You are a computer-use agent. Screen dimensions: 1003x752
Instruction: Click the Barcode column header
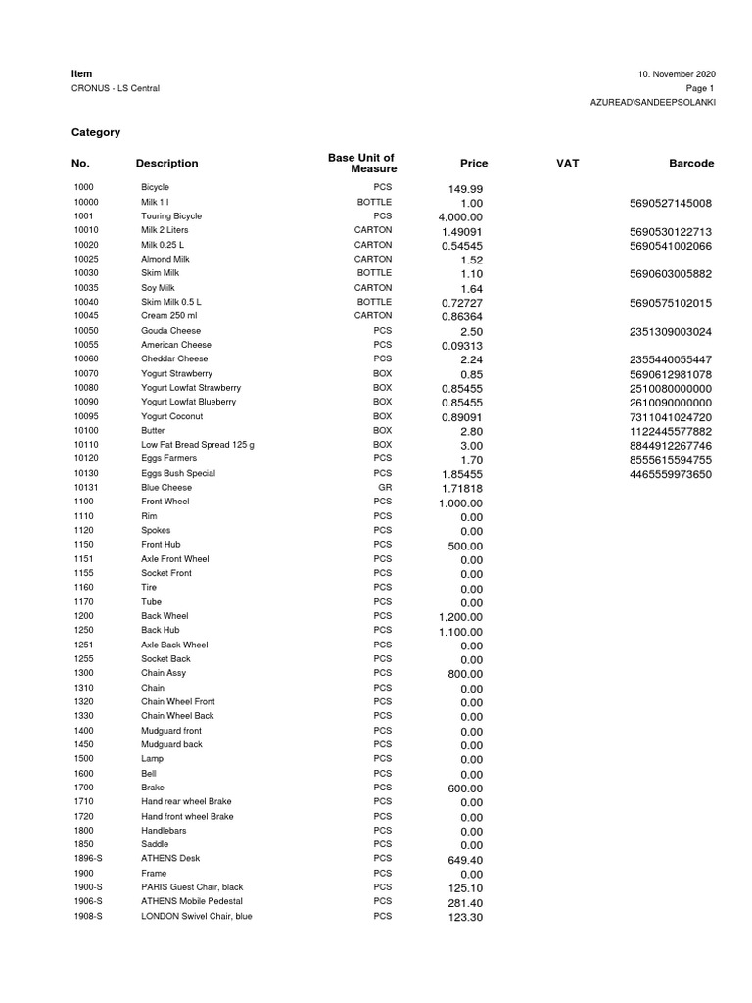tap(691, 164)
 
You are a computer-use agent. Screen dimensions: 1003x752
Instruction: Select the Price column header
tap(473, 164)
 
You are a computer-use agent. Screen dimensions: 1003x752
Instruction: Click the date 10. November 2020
tap(677, 74)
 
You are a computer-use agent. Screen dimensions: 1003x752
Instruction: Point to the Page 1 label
tap(700, 88)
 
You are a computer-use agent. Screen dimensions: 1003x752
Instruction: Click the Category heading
tap(96, 131)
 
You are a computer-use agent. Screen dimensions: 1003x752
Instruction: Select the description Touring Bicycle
tap(171, 215)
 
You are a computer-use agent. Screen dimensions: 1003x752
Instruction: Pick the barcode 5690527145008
tap(671, 204)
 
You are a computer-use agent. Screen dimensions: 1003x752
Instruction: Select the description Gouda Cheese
tap(170, 330)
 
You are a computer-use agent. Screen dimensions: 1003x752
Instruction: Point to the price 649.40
tap(465, 860)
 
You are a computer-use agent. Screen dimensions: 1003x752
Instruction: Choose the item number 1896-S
tap(88, 858)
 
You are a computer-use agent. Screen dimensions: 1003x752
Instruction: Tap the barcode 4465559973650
tap(671, 475)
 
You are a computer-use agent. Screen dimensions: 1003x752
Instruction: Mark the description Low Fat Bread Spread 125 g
tap(197, 444)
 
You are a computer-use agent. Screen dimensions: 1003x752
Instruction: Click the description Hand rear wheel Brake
tap(186, 801)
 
